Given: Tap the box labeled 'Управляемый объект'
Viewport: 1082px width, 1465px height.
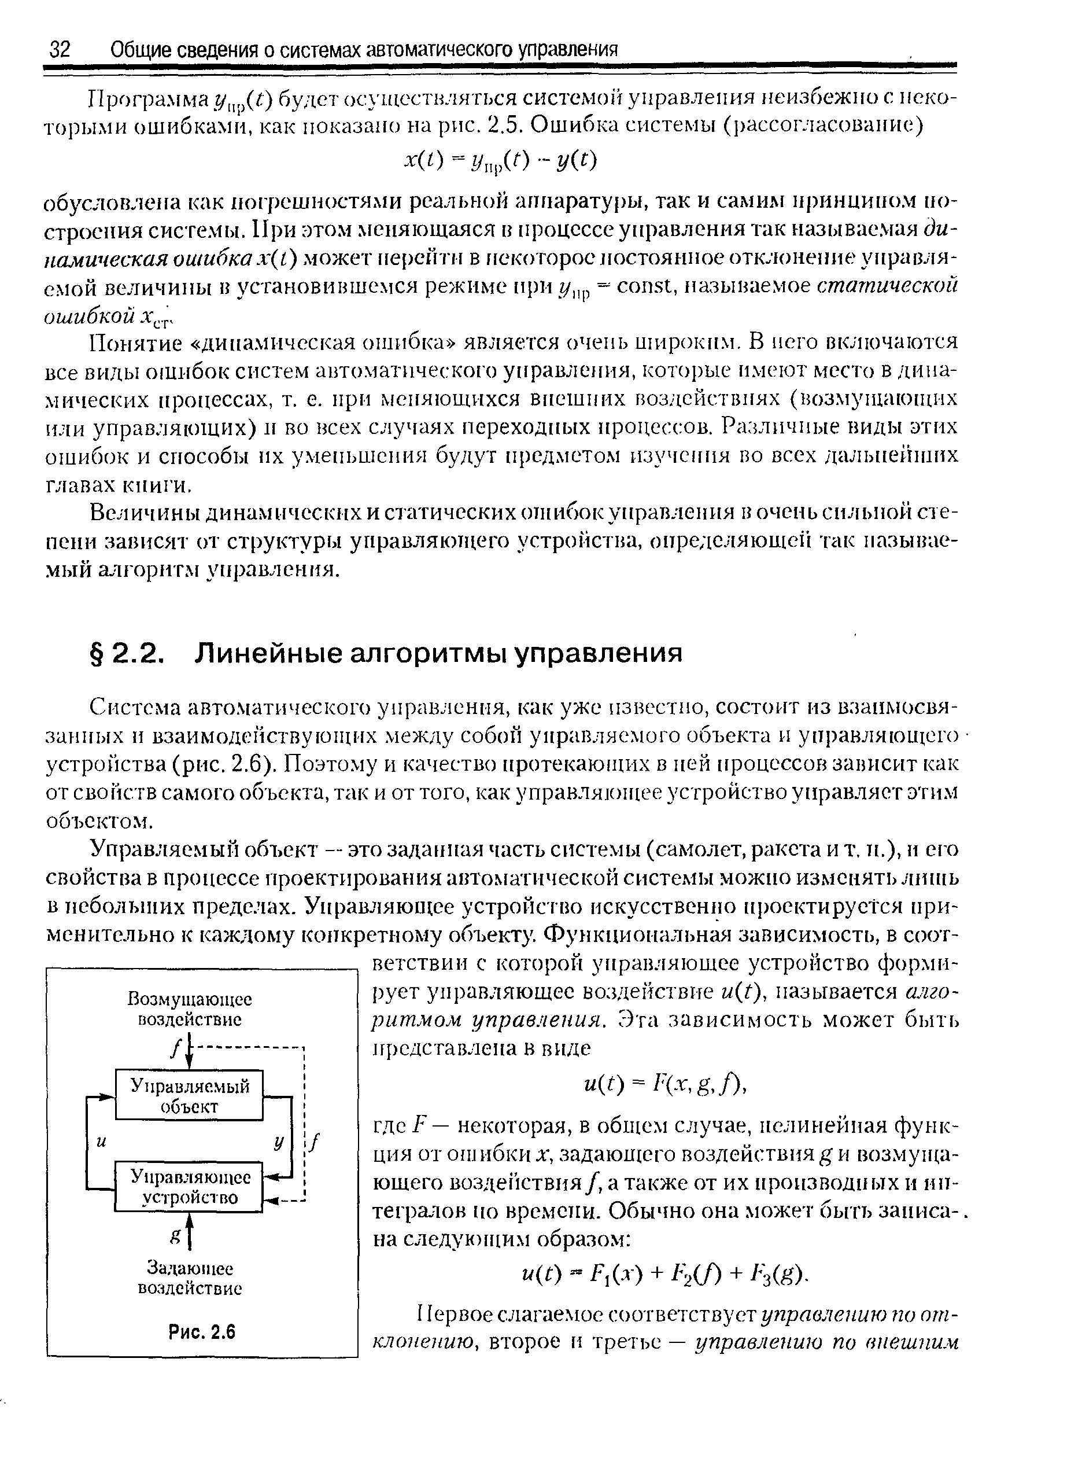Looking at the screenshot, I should coord(189,1096).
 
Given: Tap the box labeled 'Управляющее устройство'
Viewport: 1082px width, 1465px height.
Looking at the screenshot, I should coord(189,1187).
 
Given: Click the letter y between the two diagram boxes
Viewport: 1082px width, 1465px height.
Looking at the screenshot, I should coord(279,1142).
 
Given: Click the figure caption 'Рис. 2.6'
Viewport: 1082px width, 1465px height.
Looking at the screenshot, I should coord(201,1333).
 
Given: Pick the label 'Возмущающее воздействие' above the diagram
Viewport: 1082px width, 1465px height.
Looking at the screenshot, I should coord(189,1010).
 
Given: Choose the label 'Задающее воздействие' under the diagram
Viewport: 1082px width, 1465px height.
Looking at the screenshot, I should coord(189,1278).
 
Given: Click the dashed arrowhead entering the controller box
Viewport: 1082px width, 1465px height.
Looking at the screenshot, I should coord(268,1201).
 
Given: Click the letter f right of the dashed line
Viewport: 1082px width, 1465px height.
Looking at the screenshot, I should coord(316,1142).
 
